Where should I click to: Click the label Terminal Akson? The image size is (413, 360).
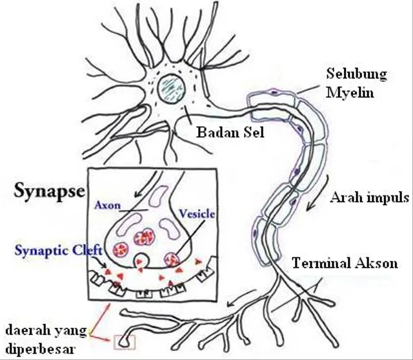pyautogui.click(x=345, y=263)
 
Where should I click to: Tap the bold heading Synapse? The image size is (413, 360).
pyautogui.click(x=49, y=191)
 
